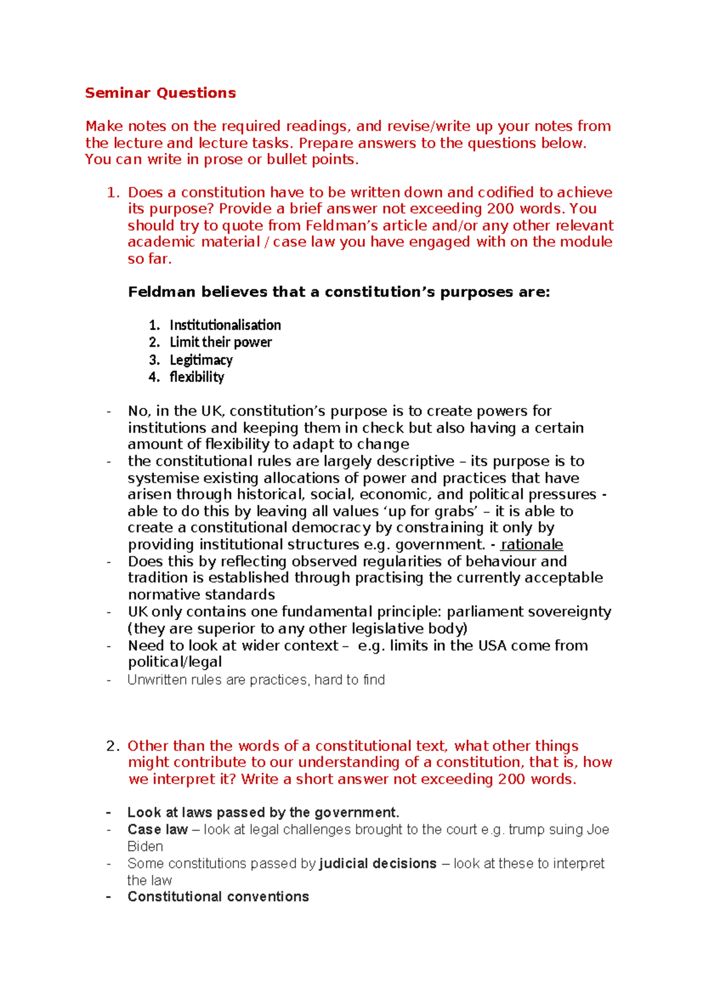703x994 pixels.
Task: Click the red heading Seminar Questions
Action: (x=160, y=93)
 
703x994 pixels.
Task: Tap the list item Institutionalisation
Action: (x=225, y=325)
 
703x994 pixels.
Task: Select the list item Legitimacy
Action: (x=201, y=359)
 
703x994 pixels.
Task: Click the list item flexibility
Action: (x=197, y=377)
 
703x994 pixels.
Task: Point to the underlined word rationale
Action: (x=531, y=544)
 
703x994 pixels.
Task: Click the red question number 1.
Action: (x=113, y=192)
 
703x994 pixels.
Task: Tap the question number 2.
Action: (x=113, y=746)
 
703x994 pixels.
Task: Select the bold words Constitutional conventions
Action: (x=218, y=897)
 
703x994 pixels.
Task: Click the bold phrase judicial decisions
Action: (x=378, y=863)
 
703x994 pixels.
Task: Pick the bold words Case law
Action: (x=158, y=829)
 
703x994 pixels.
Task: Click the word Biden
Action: (x=145, y=846)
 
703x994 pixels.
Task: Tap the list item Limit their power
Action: (x=221, y=342)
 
